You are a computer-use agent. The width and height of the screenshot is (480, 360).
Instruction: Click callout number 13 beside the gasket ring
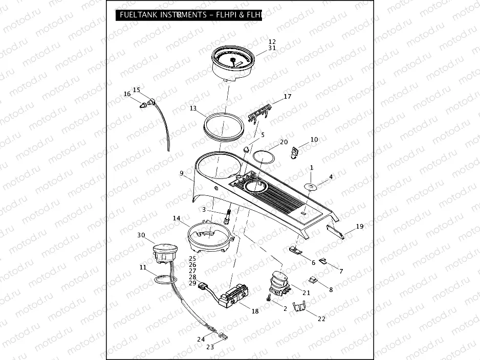pos(193,108)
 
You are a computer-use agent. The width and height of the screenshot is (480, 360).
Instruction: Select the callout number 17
pos(288,96)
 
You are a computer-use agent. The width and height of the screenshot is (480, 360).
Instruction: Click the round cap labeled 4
pos(311,186)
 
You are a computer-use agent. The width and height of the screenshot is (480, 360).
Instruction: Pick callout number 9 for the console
pos(181,173)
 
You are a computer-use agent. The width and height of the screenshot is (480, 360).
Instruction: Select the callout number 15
pos(137,89)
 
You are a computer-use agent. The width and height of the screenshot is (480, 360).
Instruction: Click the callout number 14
pos(177,218)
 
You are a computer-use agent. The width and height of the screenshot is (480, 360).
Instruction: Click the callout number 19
pos(360,226)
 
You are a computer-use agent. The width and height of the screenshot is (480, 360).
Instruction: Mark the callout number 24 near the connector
pos(201,339)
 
